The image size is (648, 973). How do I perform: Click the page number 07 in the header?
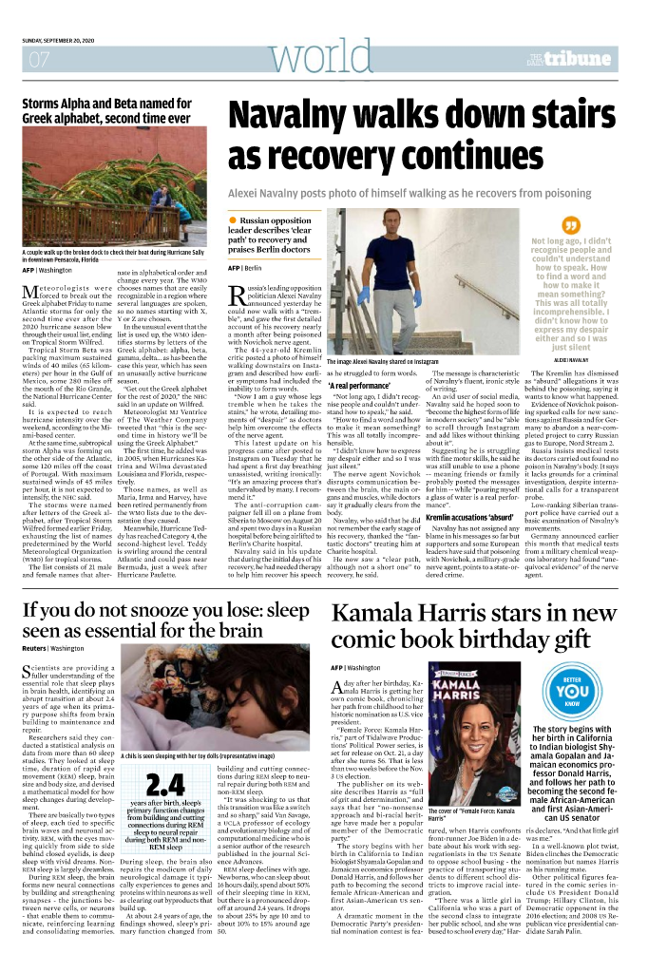pos(39,60)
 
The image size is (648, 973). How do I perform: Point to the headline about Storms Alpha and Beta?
pos(106,111)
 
